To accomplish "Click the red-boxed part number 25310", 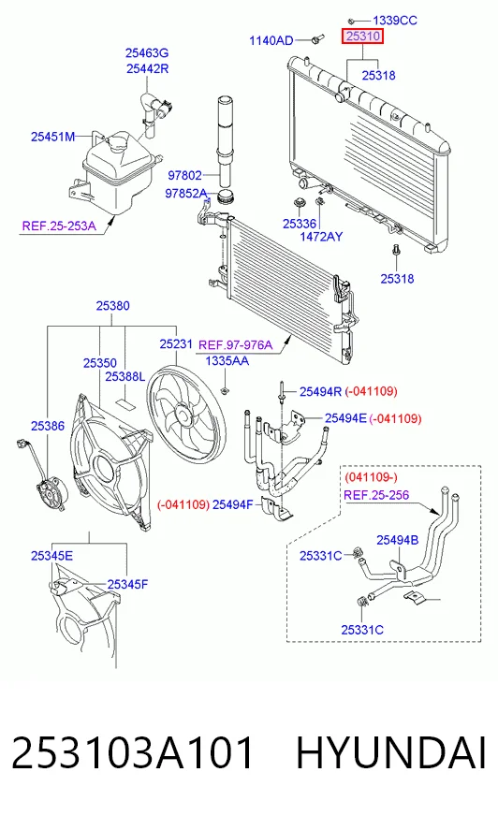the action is (x=362, y=36).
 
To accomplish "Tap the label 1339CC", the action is (x=395, y=21).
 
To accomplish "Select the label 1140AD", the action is (x=271, y=40).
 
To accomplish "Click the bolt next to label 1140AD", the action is (x=317, y=39).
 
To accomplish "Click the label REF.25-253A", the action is (x=59, y=226).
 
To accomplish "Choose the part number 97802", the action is (x=184, y=175).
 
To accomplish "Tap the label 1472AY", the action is (x=321, y=237).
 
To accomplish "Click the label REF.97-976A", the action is (x=235, y=345).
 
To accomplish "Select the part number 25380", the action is (x=113, y=306).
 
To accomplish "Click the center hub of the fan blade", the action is (x=183, y=415).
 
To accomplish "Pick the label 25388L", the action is (x=124, y=376).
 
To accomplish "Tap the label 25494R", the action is (x=320, y=391).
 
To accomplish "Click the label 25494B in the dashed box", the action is (x=398, y=540).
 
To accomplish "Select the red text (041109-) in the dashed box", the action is (x=371, y=477).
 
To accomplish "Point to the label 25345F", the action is (x=127, y=585).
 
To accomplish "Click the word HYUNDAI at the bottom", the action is (x=391, y=752).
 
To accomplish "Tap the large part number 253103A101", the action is (x=133, y=752).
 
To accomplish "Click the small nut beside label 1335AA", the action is (x=225, y=390).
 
